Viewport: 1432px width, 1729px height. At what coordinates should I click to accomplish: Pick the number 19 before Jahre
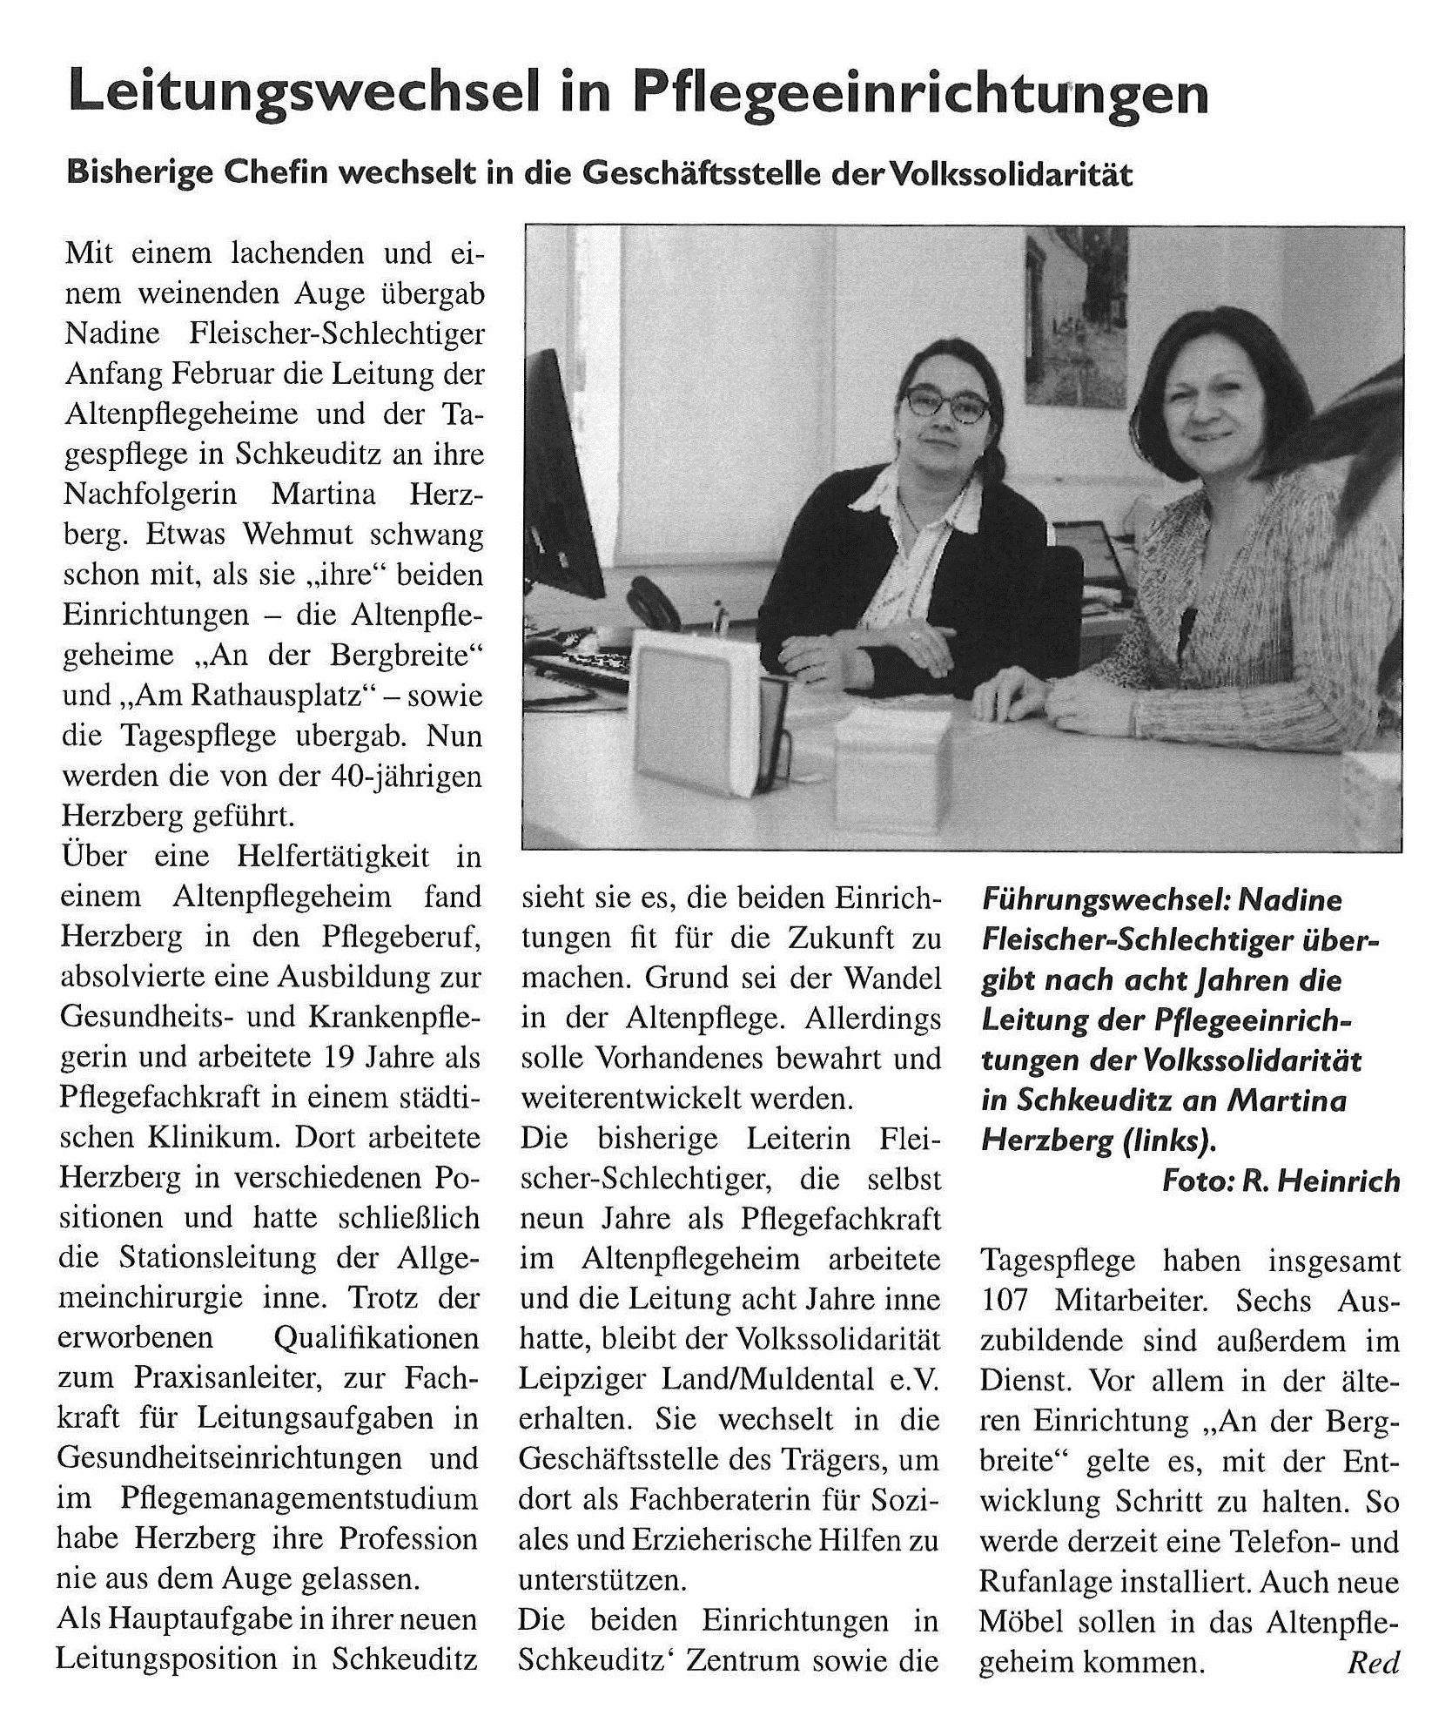tap(342, 1058)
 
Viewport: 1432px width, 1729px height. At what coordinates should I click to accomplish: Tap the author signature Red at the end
tap(1373, 1663)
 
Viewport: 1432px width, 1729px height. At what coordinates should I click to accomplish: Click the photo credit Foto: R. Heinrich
tap(1281, 1181)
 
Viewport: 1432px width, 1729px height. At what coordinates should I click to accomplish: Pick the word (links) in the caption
tap(1162, 1141)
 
